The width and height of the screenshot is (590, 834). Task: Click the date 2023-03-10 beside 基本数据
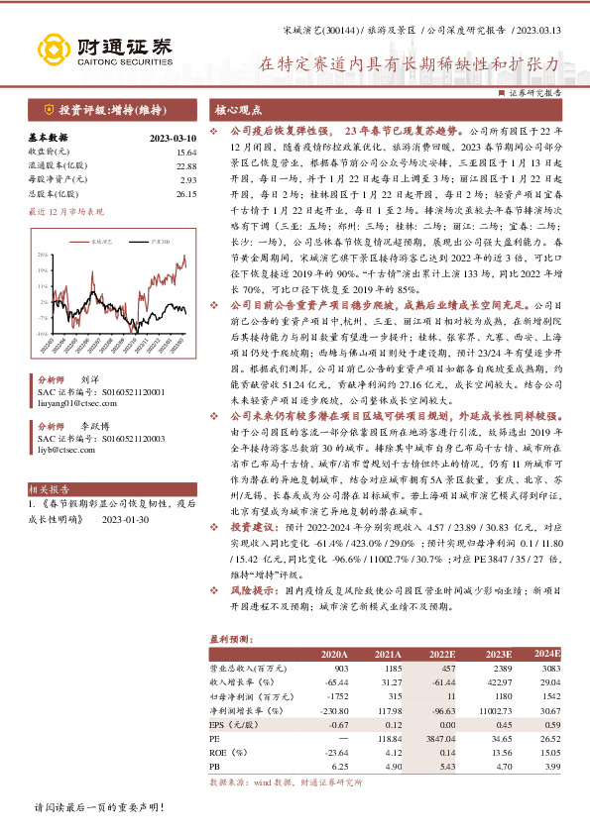point(174,139)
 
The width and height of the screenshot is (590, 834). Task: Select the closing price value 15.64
point(186,152)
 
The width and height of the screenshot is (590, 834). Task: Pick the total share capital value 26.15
point(186,194)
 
